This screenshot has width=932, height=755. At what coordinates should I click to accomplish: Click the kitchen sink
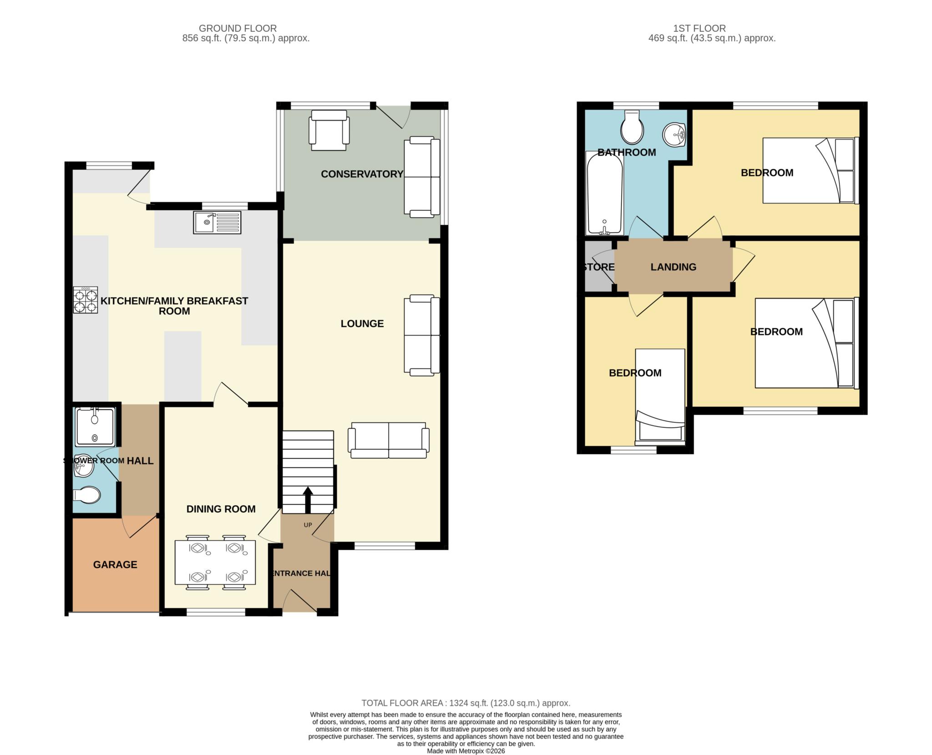click(217, 223)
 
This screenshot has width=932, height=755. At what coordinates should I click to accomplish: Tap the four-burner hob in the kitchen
click(86, 299)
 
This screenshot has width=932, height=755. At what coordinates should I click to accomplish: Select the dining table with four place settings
click(215, 562)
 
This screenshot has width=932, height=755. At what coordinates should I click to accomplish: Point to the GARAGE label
click(115, 565)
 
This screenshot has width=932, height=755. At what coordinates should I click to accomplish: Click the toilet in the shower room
click(86, 496)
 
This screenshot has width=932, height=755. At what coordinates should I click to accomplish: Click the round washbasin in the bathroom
click(674, 135)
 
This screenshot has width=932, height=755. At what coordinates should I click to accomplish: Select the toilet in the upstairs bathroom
click(632, 127)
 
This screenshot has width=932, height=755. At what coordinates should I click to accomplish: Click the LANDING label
click(674, 267)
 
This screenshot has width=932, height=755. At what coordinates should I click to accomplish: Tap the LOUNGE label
click(362, 324)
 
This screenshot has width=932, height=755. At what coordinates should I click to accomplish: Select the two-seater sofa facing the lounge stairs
click(389, 440)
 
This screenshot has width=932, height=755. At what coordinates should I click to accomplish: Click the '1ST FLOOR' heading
click(699, 28)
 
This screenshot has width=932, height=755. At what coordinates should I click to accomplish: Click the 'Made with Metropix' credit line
click(466, 751)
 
